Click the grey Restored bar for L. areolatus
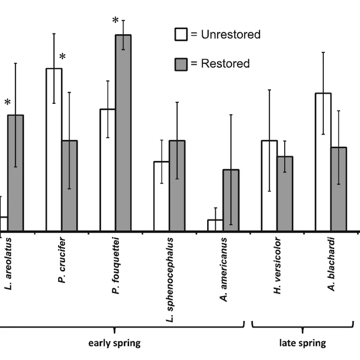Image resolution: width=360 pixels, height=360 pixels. [15, 173]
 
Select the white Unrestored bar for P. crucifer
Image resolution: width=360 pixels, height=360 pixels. [54, 149]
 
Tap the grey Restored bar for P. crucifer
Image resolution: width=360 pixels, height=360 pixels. [69, 186]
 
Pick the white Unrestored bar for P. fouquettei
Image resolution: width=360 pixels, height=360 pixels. [108, 170]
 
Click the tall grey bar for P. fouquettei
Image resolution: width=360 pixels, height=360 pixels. [123, 132]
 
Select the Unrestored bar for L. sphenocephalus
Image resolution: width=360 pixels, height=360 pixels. [162, 196]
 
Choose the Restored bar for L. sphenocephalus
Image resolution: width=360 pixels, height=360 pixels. [177, 186]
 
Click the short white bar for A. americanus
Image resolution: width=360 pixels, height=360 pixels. [215, 225]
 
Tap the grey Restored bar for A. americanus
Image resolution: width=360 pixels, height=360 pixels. [231, 200]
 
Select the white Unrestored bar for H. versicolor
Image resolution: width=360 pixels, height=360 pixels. [269, 186]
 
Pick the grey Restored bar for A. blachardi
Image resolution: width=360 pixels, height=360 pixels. [339, 189]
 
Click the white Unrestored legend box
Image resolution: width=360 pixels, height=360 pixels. [181, 35]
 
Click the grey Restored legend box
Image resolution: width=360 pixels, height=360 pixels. [181, 64]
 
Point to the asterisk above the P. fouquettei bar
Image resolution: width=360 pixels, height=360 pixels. [115, 21]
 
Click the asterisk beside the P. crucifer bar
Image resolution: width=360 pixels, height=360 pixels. [63, 57]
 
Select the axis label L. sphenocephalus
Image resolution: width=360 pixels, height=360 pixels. [169, 280]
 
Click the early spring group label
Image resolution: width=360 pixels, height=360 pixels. [115, 344]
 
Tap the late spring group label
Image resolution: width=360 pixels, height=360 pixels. [302, 344]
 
